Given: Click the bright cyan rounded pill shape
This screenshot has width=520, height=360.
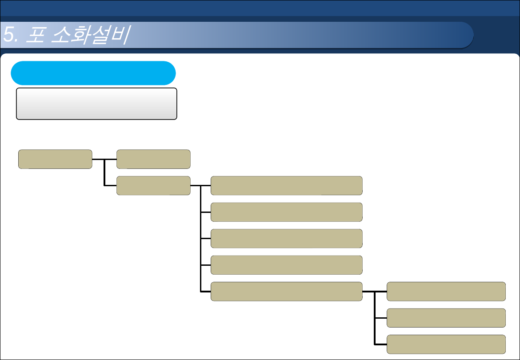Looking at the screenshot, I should pos(93,73).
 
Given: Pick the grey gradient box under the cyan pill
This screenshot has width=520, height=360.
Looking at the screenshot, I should pos(96,104).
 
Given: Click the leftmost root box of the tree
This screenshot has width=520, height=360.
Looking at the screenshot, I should pos(55,159).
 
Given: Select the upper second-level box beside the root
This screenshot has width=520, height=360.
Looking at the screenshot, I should pos(153,159).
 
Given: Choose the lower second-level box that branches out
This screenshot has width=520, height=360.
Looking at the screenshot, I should pos(153,185).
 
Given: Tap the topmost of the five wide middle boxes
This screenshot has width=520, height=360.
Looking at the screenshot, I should pos(286,185).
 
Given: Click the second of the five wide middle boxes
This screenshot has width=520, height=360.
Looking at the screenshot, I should pos(286,212).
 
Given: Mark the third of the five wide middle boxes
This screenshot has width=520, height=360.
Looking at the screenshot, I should pos(286,238).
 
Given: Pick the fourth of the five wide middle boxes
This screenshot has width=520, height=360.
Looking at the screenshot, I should pos(286,265).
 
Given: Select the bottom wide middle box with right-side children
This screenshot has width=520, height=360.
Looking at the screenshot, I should pos(286,291).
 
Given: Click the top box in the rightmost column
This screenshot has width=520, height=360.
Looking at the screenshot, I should pos(446,291).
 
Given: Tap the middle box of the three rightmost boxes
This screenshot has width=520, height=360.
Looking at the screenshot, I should pos(446,318).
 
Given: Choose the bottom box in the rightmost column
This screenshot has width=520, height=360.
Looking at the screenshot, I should pos(446,344).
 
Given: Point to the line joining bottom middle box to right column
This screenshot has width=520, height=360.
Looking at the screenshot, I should pos(368,292).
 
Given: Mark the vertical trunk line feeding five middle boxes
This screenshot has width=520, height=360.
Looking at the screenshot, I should pos(201,238).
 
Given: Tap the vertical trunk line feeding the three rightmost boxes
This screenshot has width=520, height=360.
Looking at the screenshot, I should pos(375,318).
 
